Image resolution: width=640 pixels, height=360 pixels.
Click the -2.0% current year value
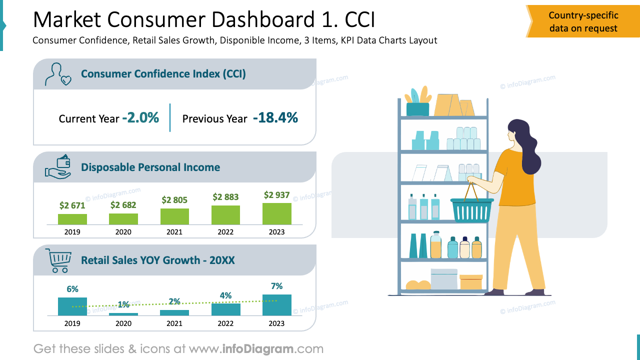[140, 118]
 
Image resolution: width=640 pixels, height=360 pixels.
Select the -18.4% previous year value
[275, 118]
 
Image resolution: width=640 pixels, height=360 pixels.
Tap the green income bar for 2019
[72, 219]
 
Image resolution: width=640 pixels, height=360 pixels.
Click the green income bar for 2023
[276, 213]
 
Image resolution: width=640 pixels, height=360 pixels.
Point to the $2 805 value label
[174, 200]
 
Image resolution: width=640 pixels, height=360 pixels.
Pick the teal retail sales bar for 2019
[72, 306]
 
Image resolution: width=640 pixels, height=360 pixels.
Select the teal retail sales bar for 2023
[276, 305]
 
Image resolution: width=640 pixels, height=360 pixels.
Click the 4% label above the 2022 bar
[225, 295]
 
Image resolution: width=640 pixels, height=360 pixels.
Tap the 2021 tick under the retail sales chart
[174, 323]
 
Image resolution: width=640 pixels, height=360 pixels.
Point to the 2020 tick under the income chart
[123, 232]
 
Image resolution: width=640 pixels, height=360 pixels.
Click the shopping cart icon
[58, 260]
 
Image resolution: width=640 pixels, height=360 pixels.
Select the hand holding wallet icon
[58, 167]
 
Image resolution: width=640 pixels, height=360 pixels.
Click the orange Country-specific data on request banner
[583, 22]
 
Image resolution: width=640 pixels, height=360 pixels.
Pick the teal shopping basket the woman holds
[471, 210]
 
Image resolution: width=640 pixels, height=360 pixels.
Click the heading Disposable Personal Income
[150, 167]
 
